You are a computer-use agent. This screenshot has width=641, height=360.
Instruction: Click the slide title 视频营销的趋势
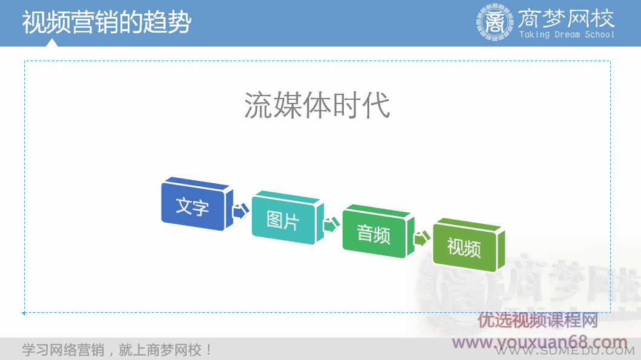click(107, 22)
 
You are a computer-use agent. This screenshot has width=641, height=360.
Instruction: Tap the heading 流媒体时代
click(317, 105)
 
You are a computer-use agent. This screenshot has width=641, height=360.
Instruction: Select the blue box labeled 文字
click(193, 206)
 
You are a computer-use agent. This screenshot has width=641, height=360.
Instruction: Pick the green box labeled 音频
click(374, 234)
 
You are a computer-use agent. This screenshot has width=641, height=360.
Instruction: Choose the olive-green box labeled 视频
click(464, 247)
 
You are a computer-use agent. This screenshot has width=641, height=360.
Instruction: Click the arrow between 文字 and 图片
click(240, 211)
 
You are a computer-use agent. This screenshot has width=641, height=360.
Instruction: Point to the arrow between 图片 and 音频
click(331, 225)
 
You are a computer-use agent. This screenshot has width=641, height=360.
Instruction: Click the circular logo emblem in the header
click(495, 22)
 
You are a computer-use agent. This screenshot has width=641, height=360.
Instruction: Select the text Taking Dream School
click(567, 35)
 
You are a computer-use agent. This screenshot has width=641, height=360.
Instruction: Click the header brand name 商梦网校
click(567, 18)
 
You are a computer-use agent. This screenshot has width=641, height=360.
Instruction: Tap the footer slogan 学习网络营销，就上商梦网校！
click(117, 350)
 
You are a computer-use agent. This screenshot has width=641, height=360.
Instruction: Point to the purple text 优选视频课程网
click(538, 320)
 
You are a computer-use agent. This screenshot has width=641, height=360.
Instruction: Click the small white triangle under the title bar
click(53, 42)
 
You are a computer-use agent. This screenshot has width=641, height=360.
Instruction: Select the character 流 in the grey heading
click(257, 105)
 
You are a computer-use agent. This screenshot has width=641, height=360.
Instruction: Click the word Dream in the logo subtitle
click(567, 35)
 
